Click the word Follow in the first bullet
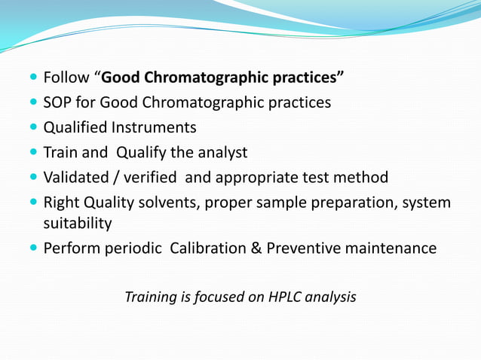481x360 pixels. tap(66, 77)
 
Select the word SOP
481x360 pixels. tap(57, 102)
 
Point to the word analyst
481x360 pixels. tap(220, 152)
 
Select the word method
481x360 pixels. tap(363, 178)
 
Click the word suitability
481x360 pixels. tap(78, 224)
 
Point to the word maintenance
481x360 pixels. tap(391, 249)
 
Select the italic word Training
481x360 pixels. tap(151, 297)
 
